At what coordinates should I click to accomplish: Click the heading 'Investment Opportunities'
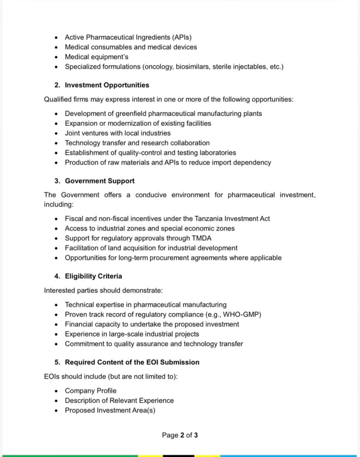click(x=107, y=85)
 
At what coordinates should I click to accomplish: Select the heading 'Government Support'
click(x=99, y=181)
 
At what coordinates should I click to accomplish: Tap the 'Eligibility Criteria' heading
click(x=93, y=276)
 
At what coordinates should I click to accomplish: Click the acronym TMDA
click(x=202, y=238)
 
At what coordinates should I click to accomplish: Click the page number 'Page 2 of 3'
click(x=180, y=435)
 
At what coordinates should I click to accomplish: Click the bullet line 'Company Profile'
click(x=91, y=391)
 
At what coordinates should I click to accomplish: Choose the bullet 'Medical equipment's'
click(x=96, y=57)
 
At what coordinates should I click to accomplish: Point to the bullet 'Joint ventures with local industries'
click(x=118, y=133)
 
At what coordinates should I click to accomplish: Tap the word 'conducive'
click(x=151, y=195)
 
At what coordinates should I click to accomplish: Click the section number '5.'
click(x=57, y=362)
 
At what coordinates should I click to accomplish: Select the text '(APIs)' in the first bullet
click(x=182, y=37)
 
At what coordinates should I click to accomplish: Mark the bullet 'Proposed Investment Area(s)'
click(x=110, y=410)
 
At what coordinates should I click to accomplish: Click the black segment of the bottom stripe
click(x=178, y=456)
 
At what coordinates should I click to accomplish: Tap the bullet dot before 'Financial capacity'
click(x=56, y=325)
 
